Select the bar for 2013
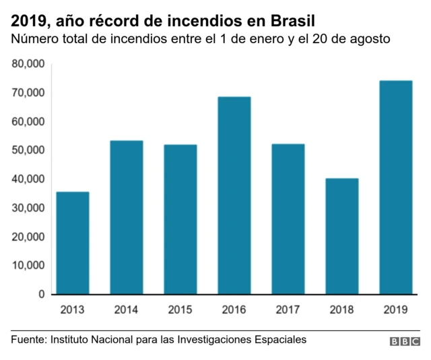[73, 243]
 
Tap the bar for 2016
[234, 196]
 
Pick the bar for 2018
[342, 236]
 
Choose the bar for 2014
[127, 217]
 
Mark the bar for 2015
[180, 219]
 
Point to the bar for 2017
[288, 219]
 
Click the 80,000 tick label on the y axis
[28, 64]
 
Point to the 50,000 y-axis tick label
[28, 150]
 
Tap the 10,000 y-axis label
[28, 266]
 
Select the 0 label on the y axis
[40, 295]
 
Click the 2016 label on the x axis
[234, 310]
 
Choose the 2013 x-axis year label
[73, 310]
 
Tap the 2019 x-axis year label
[395, 310]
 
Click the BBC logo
[404, 342]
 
